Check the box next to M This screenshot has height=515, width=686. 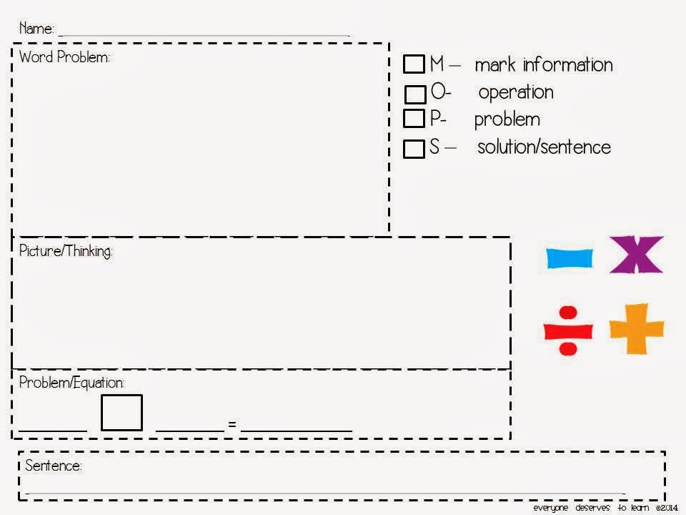click(414, 64)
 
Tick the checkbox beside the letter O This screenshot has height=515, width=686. click(415, 94)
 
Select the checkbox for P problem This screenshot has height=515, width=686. click(414, 118)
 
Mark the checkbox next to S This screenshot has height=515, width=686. click(414, 149)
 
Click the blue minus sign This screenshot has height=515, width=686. click(570, 258)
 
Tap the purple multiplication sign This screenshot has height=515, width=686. click(637, 255)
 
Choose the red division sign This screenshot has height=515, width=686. click(568, 330)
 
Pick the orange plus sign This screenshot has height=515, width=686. click(637, 329)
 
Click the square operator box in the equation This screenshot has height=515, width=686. click(121, 413)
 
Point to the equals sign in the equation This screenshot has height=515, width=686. click(232, 424)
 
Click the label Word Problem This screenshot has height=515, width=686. click(64, 57)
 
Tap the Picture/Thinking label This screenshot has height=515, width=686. click(66, 251)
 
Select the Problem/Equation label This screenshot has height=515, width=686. click(71, 383)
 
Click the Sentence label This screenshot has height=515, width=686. click(53, 465)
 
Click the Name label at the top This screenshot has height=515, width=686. click(36, 29)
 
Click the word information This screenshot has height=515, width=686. click(567, 65)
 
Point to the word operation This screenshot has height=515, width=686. click(516, 93)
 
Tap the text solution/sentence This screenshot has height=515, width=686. click(544, 147)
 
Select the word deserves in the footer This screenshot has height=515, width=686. click(593, 508)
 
